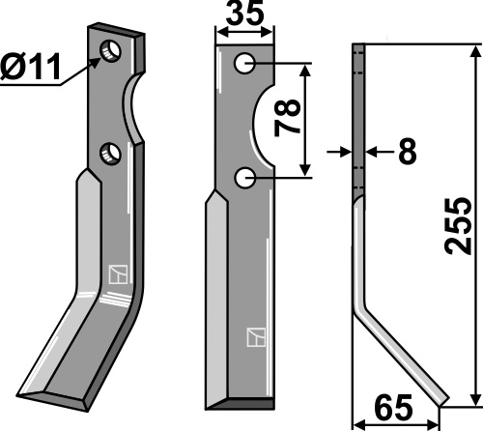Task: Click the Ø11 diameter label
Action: coord(31,67)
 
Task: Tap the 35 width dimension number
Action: coord(244,13)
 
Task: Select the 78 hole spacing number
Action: coord(287,118)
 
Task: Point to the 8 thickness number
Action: coord(408,151)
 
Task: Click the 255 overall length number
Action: coord(458,226)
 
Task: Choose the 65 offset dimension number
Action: coord(393,408)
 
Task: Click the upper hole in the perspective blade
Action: coord(110,51)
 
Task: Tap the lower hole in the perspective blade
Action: coord(110,154)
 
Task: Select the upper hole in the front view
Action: coord(245,64)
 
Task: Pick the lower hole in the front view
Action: coord(245,178)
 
